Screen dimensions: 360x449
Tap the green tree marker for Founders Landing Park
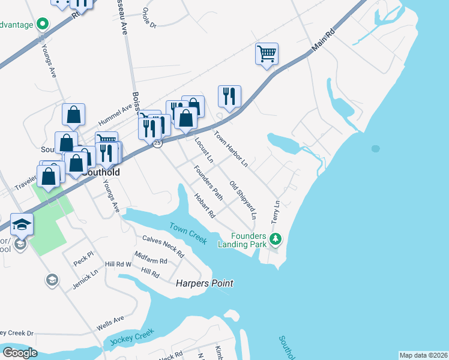click(x=276, y=239)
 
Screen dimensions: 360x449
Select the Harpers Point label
click(x=204, y=283)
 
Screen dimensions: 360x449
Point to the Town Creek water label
click(x=188, y=233)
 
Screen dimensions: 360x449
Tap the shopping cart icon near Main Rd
click(x=267, y=53)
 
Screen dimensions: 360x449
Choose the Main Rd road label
click(x=322, y=41)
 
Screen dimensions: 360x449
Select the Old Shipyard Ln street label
click(x=243, y=199)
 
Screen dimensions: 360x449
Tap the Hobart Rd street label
click(x=205, y=205)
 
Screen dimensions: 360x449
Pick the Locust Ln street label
click(x=204, y=150)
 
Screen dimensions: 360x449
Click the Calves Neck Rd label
click(x=163, y=246)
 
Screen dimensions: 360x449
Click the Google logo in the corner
click(x=20, y=353)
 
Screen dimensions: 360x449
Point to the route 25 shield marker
click(x=157, y=143)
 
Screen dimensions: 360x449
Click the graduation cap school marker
click(x=22, y=224)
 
